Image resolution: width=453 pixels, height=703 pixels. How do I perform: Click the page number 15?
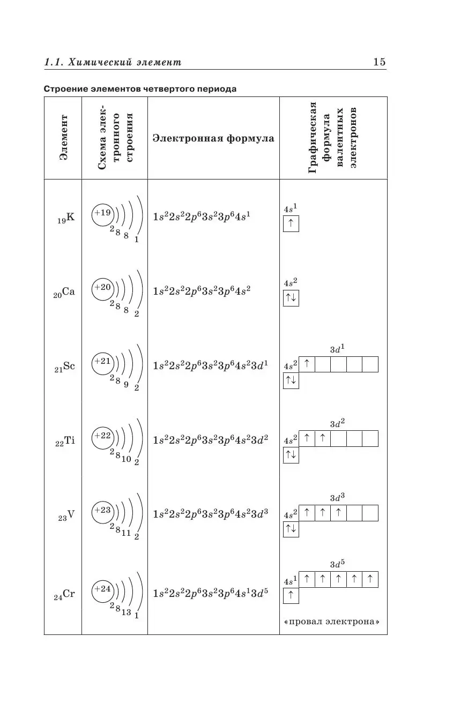[x=379, y=62]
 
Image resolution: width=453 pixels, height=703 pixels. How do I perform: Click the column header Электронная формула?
[x=213, y=138]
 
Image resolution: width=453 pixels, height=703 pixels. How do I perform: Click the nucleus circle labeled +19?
[x=102, y=213]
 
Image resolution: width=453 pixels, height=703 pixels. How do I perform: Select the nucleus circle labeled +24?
[x=102, y=589]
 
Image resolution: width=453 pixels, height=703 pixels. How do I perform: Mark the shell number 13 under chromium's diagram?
[x=126, y=612]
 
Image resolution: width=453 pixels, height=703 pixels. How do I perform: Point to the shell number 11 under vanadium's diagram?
[x=126, y=533]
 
